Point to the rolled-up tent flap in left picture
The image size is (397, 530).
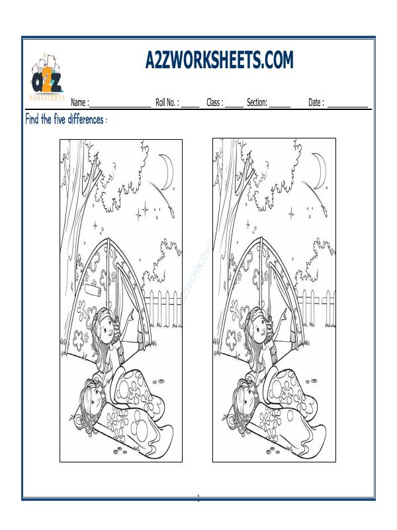(98, 290)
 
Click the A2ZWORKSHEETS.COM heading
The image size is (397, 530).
(218, 61)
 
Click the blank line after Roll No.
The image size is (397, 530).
(190, 106)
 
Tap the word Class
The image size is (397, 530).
(214, 103)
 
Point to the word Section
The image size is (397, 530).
(257, 103)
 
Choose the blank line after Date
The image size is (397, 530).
(347, 106)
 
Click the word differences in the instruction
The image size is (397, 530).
(82, 120)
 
